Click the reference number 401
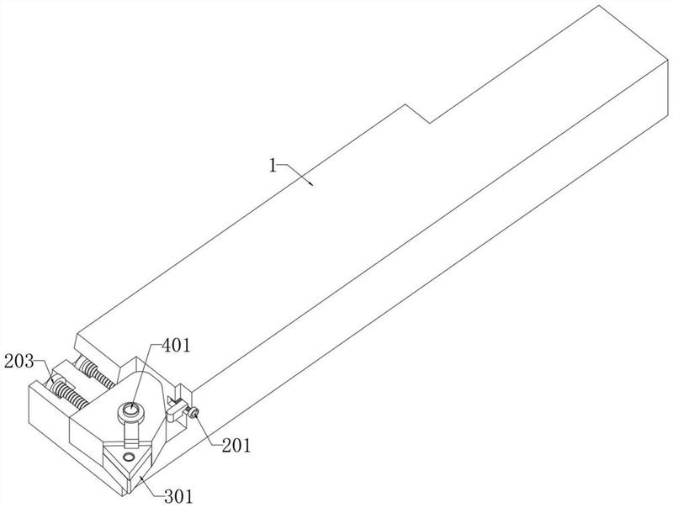[176, 345]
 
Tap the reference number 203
[19, 362]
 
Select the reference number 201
[236, 446]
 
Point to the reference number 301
[178, 497]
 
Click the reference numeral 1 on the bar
[273, 166]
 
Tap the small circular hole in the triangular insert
[128, 455]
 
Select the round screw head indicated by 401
[132, 413]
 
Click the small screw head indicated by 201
[194, 413]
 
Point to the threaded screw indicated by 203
[68, 392]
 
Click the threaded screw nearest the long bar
[96, 373]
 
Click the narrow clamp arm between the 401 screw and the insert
[130, 433]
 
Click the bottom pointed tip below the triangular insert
[129, 495]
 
